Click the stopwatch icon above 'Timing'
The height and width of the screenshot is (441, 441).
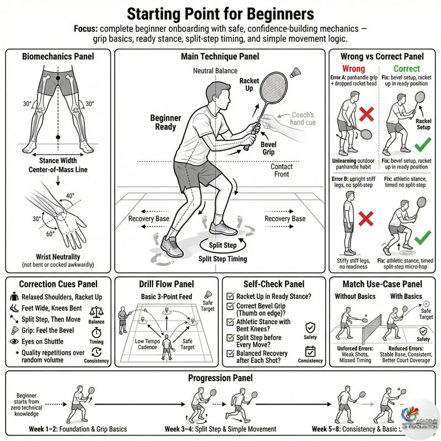click(x=96, y=332)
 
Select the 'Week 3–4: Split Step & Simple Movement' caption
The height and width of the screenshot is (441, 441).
click(x=221, y=429)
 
